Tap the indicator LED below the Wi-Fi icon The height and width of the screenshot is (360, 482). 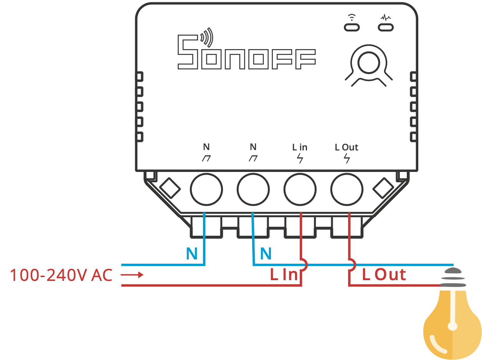point(352,27)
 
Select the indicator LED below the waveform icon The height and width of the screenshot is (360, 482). point(386,27)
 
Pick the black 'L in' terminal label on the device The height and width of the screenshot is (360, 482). point(300,147)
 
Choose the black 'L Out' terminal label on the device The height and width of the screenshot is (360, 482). point(347,147)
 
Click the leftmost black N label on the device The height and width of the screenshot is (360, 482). point(206,147)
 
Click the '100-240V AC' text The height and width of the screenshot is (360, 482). point(61,276)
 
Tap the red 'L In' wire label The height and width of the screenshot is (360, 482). point(284,275)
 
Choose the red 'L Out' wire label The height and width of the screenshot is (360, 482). point(384,275)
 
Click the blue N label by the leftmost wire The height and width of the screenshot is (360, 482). point(192,254)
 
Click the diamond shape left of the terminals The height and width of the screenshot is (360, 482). point(170,188)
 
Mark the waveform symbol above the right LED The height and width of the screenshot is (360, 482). point(385,17)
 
